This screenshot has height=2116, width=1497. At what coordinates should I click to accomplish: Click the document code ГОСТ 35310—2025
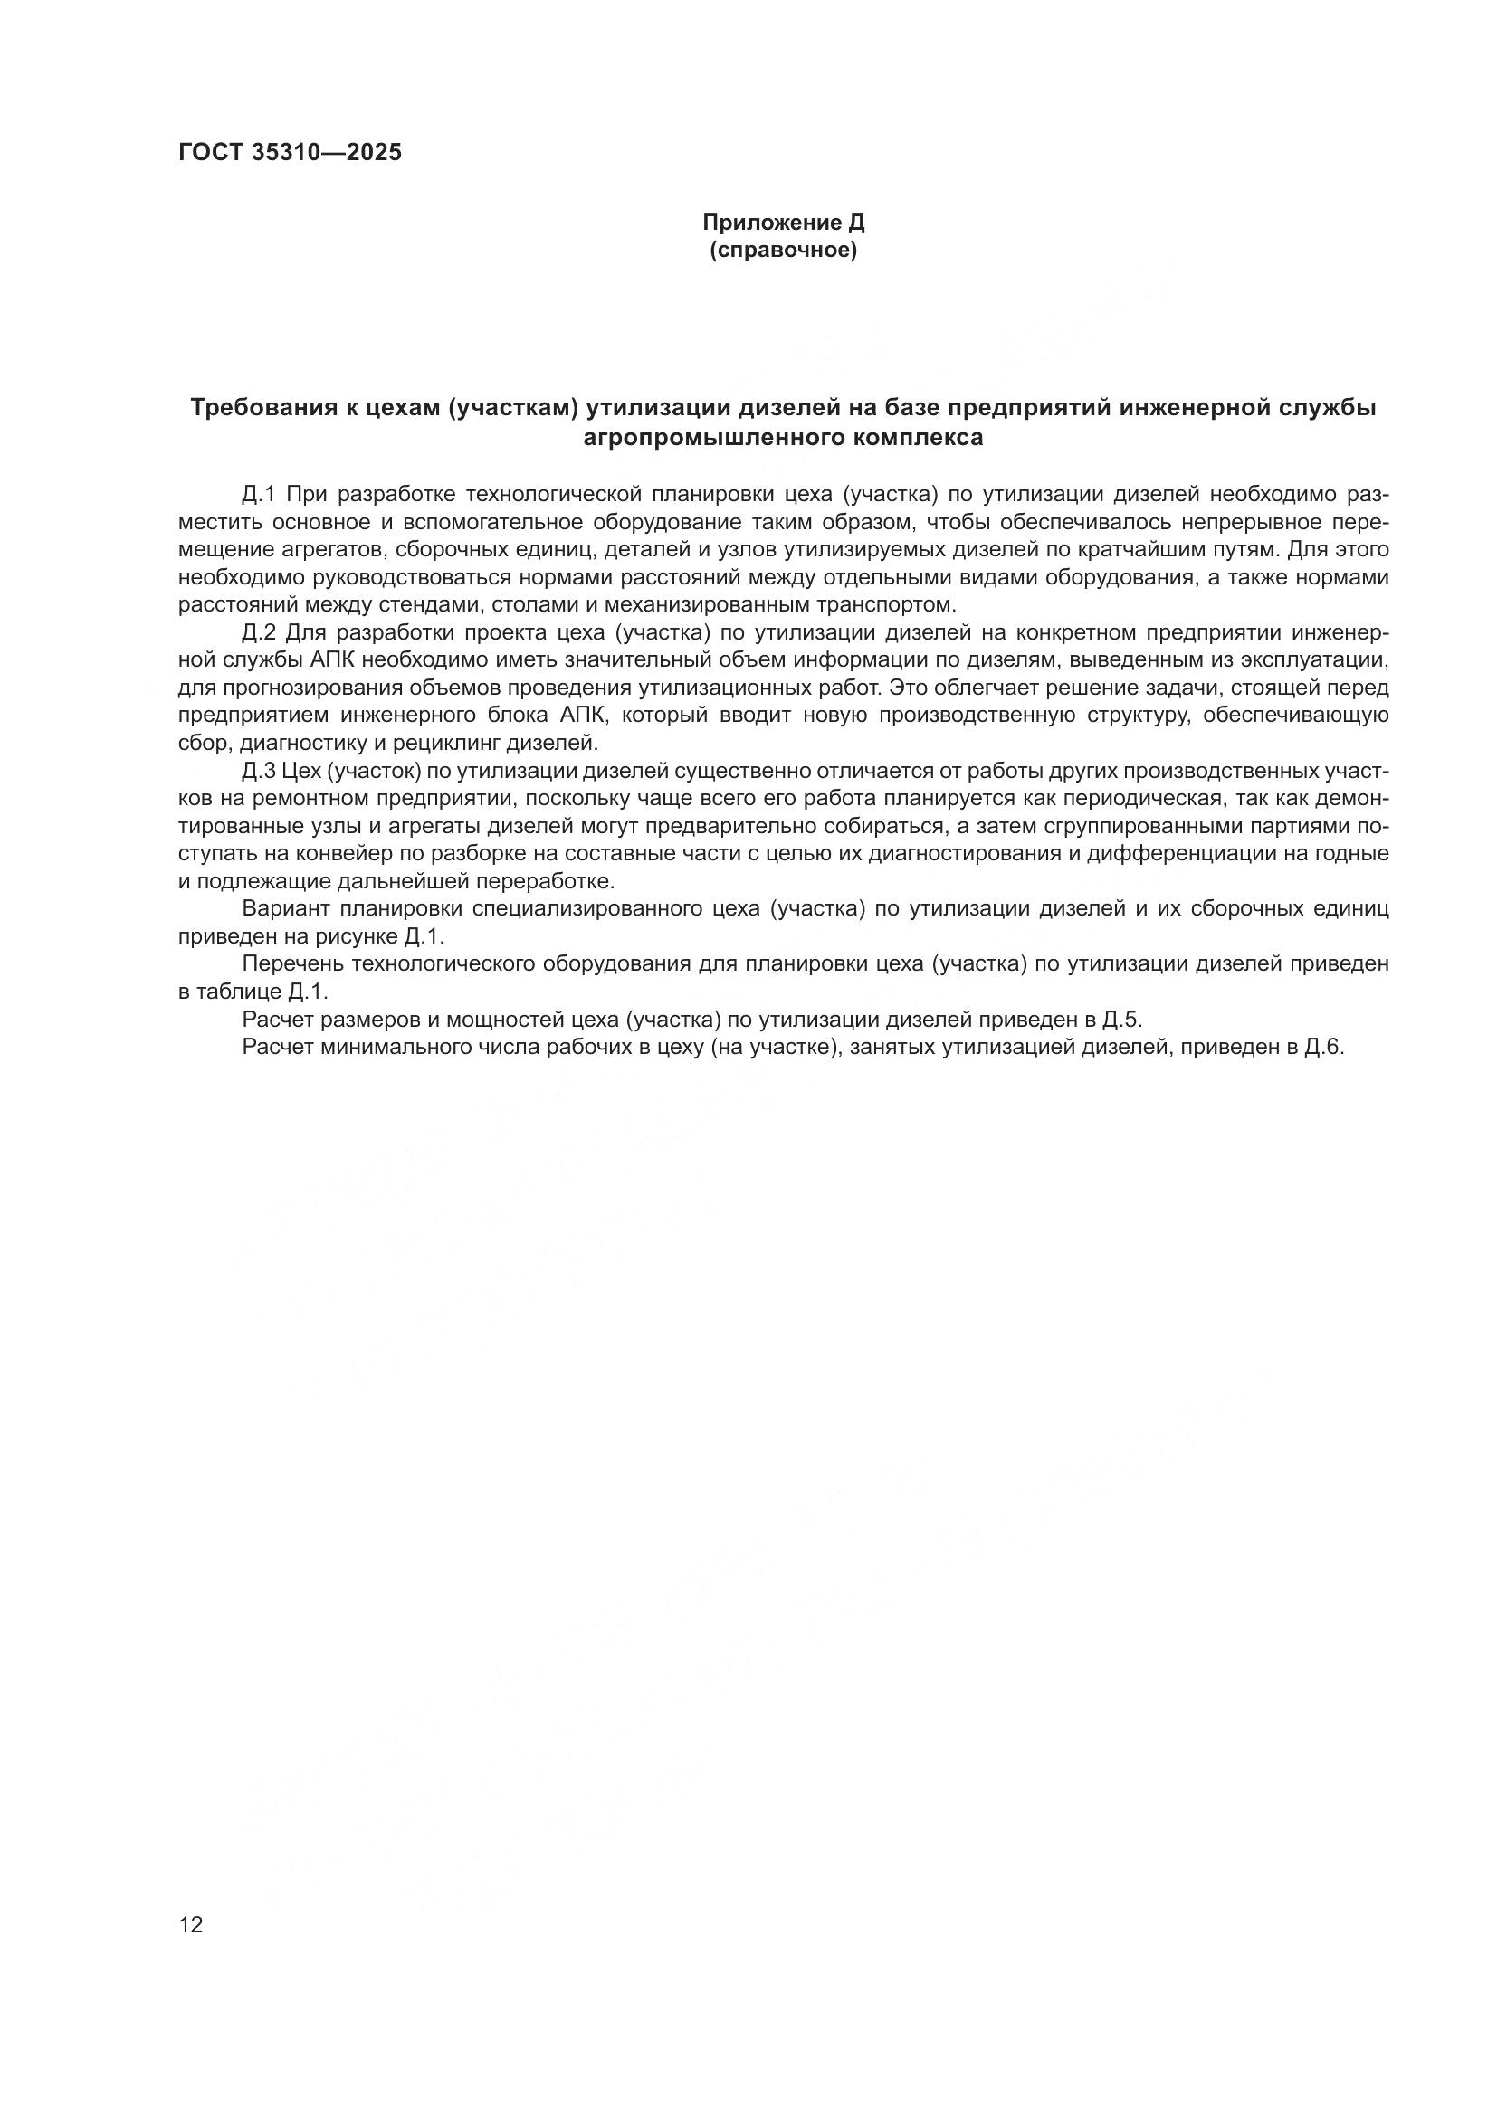pos(291,153)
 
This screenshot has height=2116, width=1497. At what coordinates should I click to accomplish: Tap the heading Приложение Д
pos(784,223)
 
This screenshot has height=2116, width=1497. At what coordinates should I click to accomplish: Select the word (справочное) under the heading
pos(784,251)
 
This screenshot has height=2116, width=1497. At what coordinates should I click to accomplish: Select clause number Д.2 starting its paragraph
pos(259,633)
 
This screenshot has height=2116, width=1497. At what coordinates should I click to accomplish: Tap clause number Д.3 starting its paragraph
pos(259,772)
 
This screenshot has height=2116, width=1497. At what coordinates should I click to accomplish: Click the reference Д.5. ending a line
pos(1121,1020)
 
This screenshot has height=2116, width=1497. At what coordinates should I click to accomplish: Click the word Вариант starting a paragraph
pos(287,909)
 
